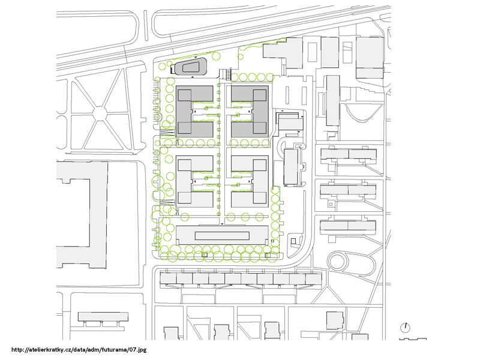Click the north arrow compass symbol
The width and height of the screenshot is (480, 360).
(406, 328)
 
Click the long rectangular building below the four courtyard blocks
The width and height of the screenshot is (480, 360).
(221, 235)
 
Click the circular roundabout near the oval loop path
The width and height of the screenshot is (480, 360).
(338, 262)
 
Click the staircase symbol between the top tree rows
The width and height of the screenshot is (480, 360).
(227, 75)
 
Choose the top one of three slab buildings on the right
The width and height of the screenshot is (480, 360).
(348, 154)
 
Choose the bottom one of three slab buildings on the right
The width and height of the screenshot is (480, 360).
(348, 227)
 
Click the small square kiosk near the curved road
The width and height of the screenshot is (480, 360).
(293, 242)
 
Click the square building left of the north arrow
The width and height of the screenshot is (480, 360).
(334, 320)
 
